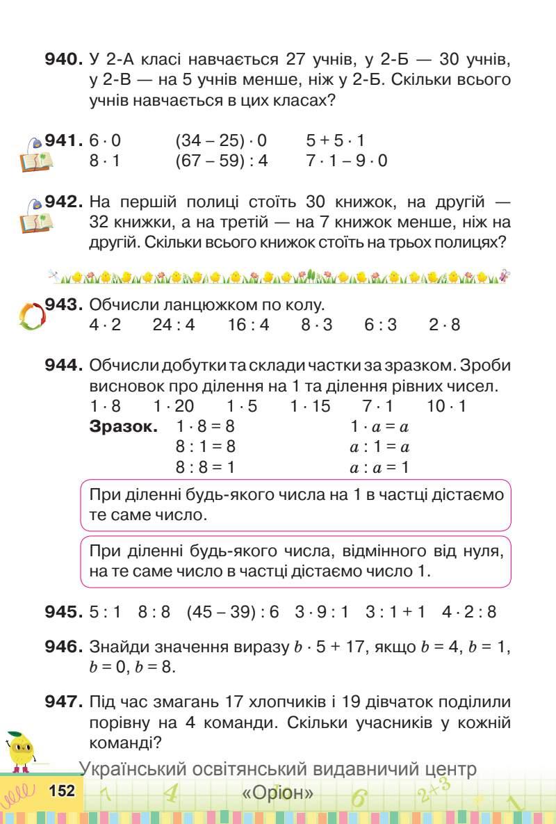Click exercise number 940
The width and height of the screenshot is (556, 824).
(64, 59)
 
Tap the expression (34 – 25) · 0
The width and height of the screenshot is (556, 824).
(221, 141)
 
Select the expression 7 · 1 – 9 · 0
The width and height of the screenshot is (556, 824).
(347, 161)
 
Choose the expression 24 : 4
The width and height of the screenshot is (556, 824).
(174, 325)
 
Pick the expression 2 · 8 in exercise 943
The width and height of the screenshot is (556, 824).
(445, 325)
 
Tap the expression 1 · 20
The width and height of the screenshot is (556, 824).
(174, 406)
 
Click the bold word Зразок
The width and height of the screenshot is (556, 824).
(124, 426)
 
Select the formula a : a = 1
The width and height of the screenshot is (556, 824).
(379, 467)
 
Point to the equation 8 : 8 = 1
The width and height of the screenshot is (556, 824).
(206, 467)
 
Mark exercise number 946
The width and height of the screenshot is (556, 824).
(64, 647)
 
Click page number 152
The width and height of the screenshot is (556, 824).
(62, 791)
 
